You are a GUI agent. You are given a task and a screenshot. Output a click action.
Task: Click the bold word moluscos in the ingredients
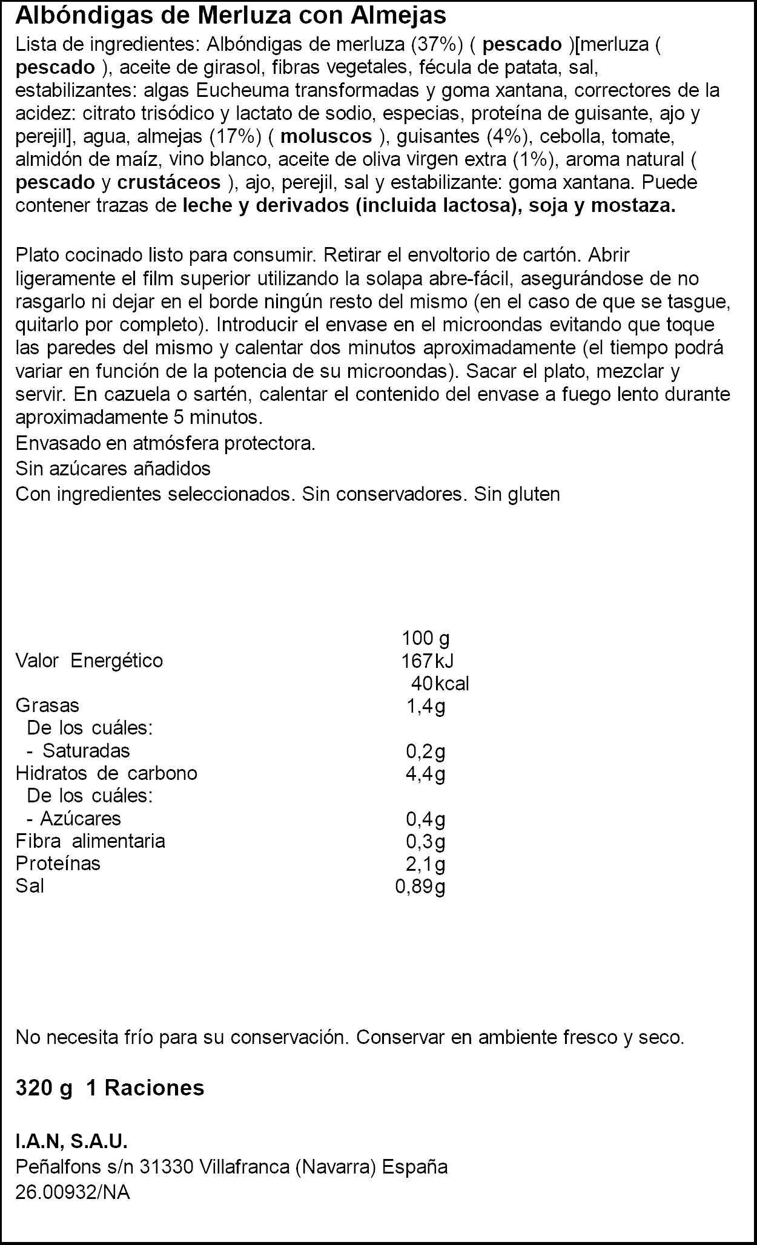click(x=327, y=137)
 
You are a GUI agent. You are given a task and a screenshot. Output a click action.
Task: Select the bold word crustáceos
click(x=169, y=182)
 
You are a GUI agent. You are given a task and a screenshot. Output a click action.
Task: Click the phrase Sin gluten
click(x=517, y=495)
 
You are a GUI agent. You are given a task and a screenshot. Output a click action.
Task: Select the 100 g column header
click(x=426, y=638)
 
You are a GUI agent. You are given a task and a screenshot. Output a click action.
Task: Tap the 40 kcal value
click(x=440, y=684)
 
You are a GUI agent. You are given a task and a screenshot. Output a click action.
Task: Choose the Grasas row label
click(x=47, y=705)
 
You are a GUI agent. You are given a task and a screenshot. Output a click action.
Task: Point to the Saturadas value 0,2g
click(x=426, y=751)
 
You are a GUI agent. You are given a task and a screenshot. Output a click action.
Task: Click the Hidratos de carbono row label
click(x=107, y=773)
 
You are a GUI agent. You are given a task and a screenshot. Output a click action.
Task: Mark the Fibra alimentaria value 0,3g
click(x=426, y=841)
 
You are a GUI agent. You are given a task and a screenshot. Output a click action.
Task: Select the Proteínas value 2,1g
click(x=426, y=864)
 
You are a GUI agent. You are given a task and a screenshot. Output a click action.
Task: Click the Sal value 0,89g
click(x=420, y=887)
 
